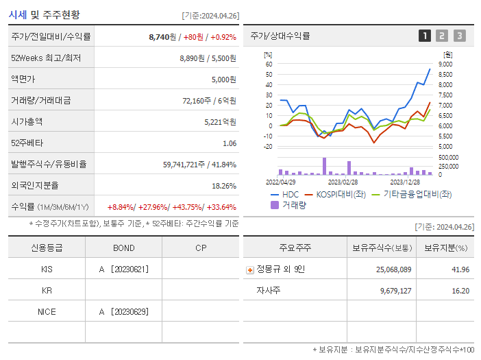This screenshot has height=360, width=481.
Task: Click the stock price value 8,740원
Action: pos(163,36)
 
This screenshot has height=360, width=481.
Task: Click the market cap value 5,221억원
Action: pos(220,121)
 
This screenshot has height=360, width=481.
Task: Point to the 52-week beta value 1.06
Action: pos(229,143)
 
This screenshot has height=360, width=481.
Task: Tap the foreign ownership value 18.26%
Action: pos(224,186)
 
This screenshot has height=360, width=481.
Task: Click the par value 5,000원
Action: pos(223,79)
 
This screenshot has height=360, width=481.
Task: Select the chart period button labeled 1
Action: pos(425,36)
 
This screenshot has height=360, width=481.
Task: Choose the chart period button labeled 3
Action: pos(459,36)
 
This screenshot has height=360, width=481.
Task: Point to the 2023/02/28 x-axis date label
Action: pos(343,182)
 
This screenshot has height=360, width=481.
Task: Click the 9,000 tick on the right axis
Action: pos(445,64)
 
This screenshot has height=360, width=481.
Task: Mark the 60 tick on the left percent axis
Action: pos(269,64)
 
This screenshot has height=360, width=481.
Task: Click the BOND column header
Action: pos(123,248)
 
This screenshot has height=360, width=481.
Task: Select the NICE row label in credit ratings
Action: pos(47,312)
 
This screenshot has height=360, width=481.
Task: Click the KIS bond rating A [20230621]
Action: pos(123,269)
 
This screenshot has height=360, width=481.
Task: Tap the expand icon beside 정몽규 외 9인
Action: pos(249,270)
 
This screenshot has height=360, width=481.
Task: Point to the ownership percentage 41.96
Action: pos(460,269)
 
